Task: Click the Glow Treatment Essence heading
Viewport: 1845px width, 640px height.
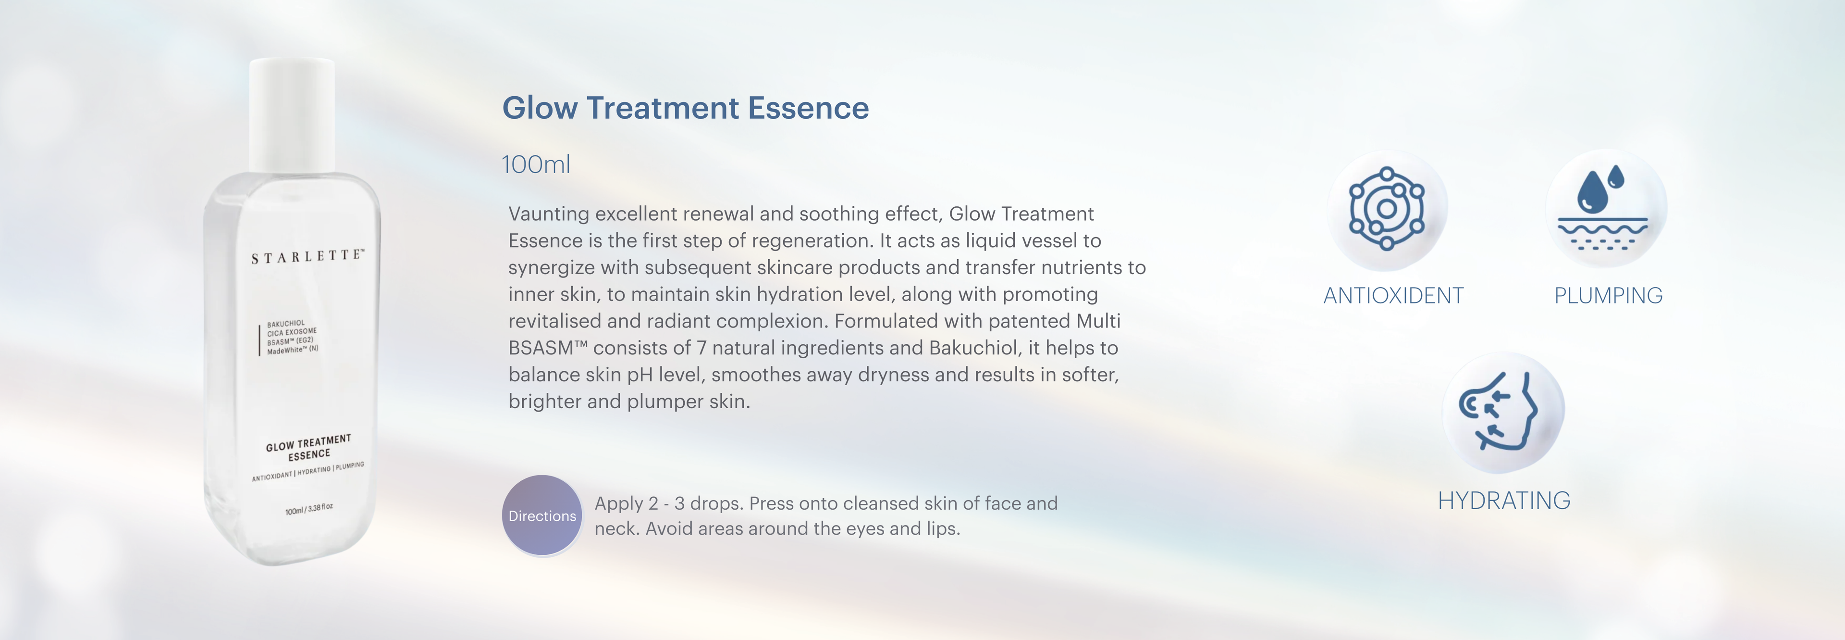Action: [x=686, y=108]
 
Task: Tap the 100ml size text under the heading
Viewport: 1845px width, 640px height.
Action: [x=536, y=165]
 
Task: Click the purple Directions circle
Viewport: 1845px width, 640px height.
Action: [x=542, y=515]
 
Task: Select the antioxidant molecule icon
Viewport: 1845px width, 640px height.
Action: [x=1387, y=209]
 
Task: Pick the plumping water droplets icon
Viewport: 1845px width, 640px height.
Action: [x=1603, y=208]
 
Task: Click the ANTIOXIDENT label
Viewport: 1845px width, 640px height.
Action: [x=1393, y=295]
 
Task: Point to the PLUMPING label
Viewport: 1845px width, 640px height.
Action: [x=1608, y=295]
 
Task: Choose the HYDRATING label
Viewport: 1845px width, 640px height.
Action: [x=1504, y=500]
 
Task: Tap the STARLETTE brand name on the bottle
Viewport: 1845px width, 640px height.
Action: [x=308, y=256]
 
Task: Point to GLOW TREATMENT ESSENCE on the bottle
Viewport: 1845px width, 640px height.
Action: [x=308, y=448]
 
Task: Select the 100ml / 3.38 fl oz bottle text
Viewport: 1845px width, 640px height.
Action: [x=308, y=510]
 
